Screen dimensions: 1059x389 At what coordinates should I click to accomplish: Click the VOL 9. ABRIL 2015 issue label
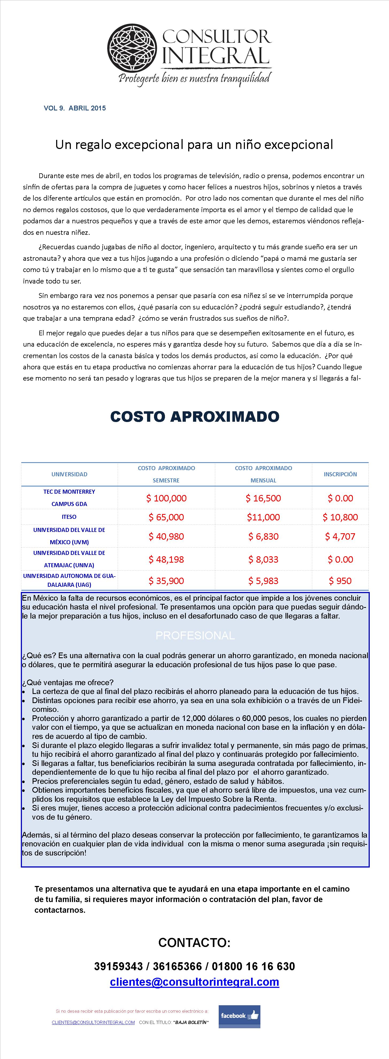[75, 108]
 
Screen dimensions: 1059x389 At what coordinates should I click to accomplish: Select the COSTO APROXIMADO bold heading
[195, 416]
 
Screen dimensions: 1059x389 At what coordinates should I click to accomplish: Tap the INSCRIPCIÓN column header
[340, 474]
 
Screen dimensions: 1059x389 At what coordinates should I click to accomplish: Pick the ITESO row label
[69, 517]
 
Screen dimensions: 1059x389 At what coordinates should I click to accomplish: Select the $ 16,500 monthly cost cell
[263, 498]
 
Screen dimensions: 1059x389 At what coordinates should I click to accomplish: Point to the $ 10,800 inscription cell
[340, 517]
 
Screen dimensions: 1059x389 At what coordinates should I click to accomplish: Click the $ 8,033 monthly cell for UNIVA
[263, 559]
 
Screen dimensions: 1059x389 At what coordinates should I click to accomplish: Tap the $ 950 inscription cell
[340, 581]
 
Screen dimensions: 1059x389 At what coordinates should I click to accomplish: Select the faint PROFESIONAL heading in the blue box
[195, 636]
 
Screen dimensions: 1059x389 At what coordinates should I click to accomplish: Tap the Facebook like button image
[239, 1016]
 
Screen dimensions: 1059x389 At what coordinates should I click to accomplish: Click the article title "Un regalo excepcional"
[194, 145]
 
